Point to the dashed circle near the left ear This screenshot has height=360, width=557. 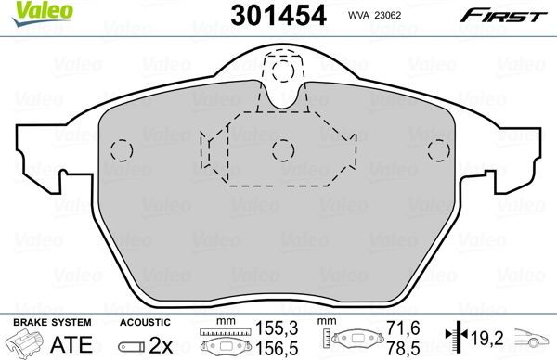click(118, 149)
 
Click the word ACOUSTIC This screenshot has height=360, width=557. click(144, 322)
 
